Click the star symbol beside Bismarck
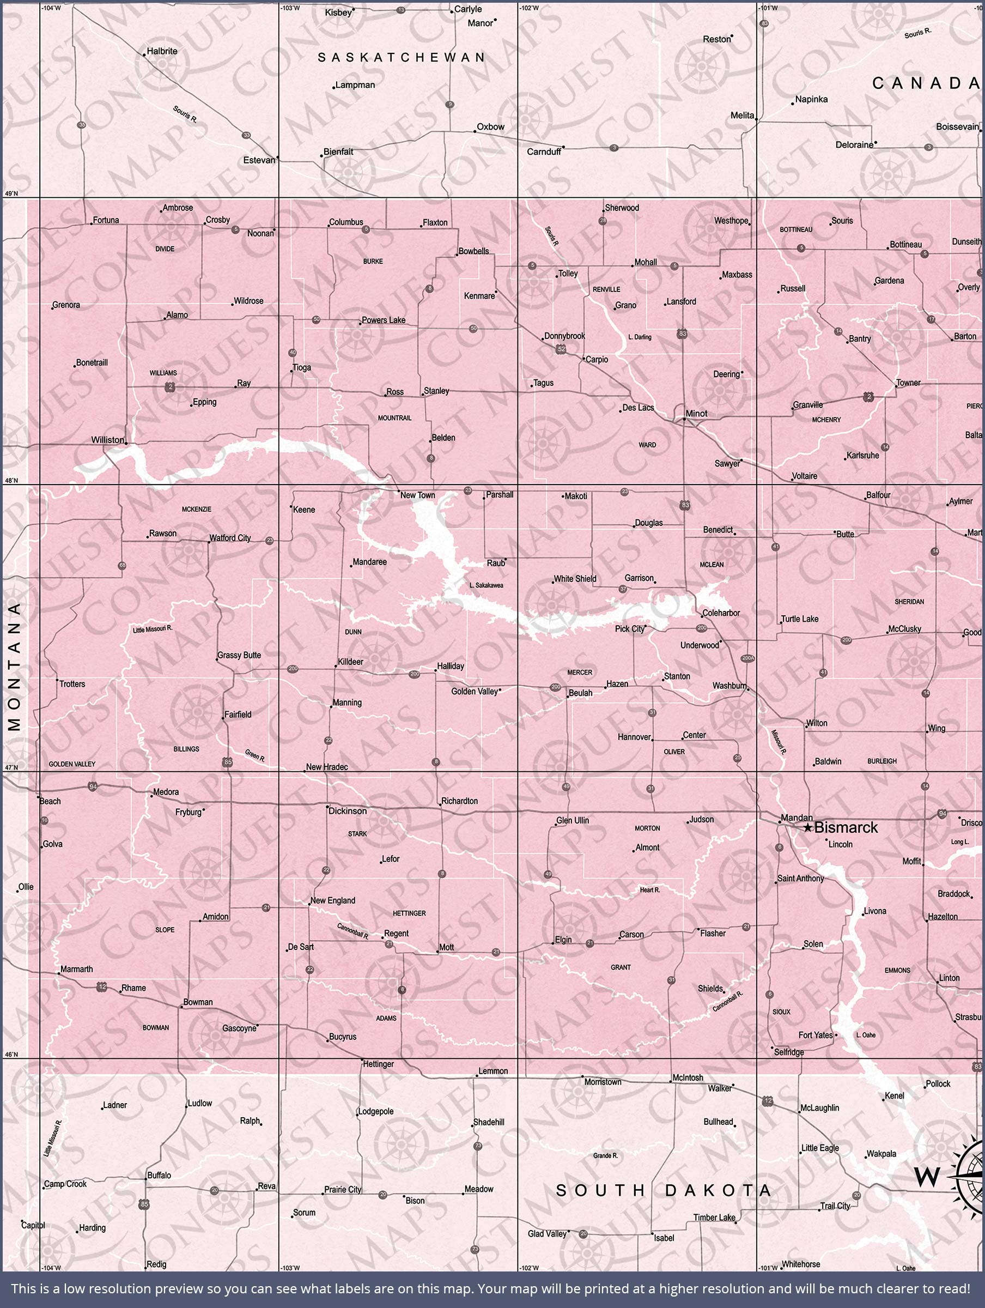(808, 828)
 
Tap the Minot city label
(696, 413)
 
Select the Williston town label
(108, 440)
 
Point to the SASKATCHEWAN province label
(402, 57)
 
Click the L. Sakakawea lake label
(486, 585)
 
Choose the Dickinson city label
(348, 811)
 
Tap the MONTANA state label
(15, 667)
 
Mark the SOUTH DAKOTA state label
(664, 1190)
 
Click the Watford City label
(230, 537)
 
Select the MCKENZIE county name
(196, 509)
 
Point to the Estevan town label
(259, 160)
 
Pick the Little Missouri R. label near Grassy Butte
(153, 629)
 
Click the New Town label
(417, 495)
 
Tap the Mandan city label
(796, 818)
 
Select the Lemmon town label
(493, 1071)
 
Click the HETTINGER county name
(409, 913)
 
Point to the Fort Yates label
(816, 1035)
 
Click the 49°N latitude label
(12, 193)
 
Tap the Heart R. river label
(650, 889)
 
